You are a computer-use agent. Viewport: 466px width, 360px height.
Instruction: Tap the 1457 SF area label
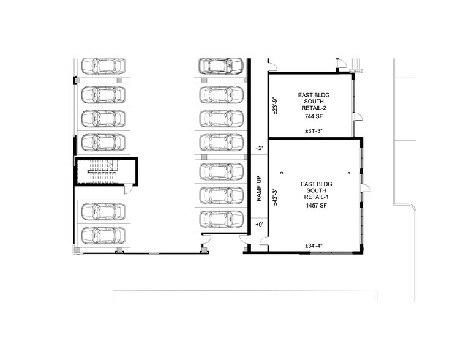(315, 206)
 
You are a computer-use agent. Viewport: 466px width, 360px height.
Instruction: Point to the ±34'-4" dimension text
(314, 246)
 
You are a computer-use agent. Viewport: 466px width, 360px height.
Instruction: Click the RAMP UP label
(259, 190)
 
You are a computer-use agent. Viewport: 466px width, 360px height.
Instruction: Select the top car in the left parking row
(103, 66)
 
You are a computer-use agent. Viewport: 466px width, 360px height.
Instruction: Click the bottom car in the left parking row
(103, 234)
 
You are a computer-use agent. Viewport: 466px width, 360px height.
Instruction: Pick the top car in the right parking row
(220, 66)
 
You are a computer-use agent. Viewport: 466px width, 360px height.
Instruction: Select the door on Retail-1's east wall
(365, 187)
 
